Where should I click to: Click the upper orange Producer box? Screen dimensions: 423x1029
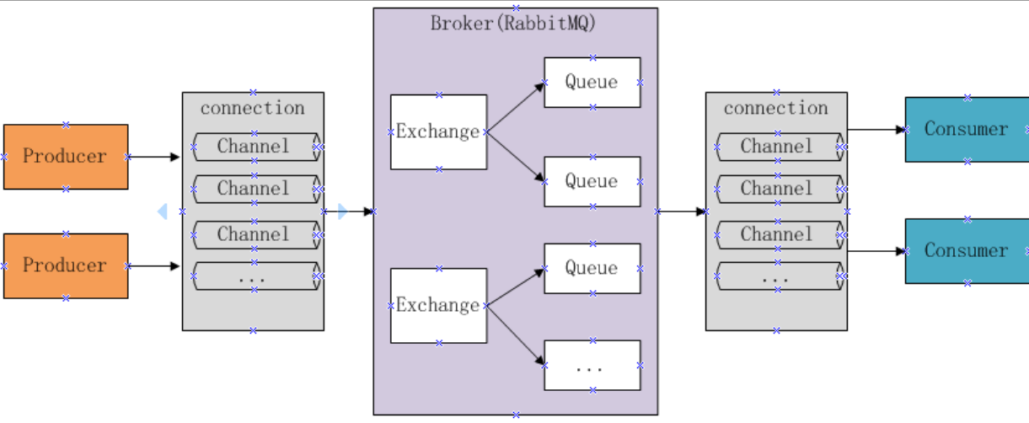click(x=66, y=157)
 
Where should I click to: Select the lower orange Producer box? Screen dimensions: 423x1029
click(x=66, y=265)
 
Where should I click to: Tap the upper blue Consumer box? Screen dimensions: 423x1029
click(x=966, y=130)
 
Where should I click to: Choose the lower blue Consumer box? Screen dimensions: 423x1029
click(x=966, y=251)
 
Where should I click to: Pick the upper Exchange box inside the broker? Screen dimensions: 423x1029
click(x=438, y=132)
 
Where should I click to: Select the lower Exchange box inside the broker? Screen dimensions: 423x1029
click(x=438, y=306)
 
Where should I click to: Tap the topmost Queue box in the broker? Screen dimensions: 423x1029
click(x=592, y=83)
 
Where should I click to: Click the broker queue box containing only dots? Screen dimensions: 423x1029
click(x=592, y=366)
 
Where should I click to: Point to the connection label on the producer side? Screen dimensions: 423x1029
click(x=252, y=108)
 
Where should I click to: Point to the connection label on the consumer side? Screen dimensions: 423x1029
click(x=775, y=108)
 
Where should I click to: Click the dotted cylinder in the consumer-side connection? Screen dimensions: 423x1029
click(x=777, y=276)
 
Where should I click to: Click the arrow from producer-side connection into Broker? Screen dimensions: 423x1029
click(x=348, y=211)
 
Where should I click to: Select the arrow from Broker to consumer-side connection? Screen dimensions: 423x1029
click(x=681, y=211)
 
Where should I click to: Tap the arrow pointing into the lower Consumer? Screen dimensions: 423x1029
click(x=876, y=251)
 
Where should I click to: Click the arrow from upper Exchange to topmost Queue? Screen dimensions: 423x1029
click(x=515, y=107)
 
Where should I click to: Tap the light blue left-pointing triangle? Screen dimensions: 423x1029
click(x=162, y=211)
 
